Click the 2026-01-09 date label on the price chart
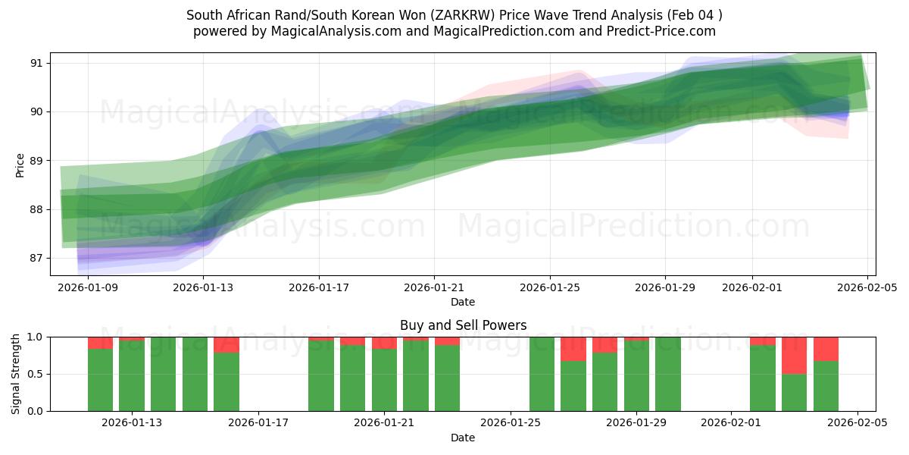(88, 287)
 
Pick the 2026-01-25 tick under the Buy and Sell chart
(511, 423)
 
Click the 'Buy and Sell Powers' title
(463, 325)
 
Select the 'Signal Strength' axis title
(16, 374)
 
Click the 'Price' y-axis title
(20, 165)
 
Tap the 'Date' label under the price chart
(463, 302)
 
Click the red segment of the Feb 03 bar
(794, 355)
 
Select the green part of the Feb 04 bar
(826, 386)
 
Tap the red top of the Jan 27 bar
(573, 349)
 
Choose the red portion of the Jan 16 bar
(226, 345)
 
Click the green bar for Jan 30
(668, 374)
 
